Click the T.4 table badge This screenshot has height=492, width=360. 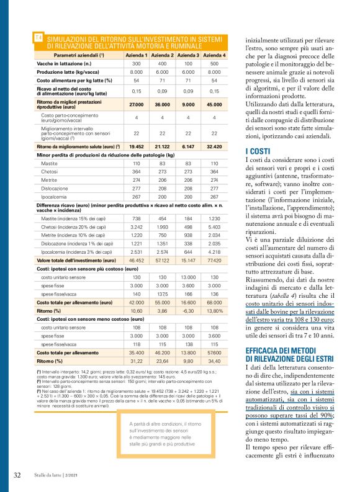point(38,38)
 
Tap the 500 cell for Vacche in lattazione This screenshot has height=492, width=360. point(217,64)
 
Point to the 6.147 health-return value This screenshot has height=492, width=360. point(188,146)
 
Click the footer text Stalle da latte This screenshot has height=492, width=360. point(52,476)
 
